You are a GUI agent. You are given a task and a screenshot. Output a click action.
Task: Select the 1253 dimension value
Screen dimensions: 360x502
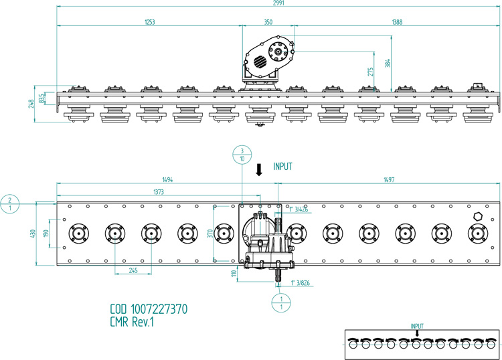[x=150, y=21]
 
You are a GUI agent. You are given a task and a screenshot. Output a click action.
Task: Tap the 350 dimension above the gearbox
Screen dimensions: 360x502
[x=268, y=21]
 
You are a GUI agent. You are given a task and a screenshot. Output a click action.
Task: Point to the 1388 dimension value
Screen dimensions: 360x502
[x=397, y=21]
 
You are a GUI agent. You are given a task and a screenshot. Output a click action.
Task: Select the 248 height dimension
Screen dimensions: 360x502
[x=31, y=103]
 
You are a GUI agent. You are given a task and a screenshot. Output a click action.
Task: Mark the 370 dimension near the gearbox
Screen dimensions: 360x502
[x=210, y=234]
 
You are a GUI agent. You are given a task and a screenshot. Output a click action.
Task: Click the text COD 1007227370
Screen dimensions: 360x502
[x=149, y=310]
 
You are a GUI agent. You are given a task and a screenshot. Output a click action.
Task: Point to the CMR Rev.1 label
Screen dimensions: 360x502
[x=133, y=322]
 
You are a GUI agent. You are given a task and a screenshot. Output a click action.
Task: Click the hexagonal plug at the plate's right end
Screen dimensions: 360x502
[x=477, y=217]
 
